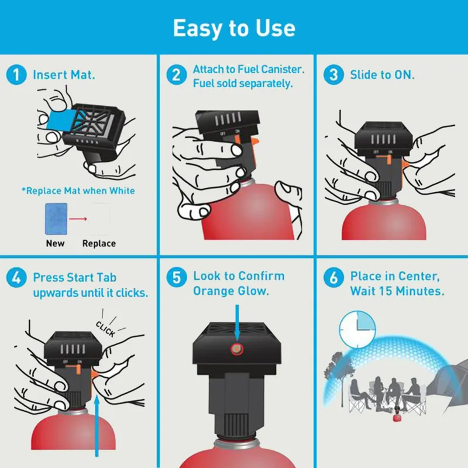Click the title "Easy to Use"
tap(234, 28)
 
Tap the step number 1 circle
tap(18, 75)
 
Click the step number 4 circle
tap(18, 277)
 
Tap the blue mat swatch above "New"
tap(56, 218)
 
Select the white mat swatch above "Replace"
tap(98, 218)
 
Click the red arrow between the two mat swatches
tap(77, 219)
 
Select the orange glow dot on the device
tap(236, 350)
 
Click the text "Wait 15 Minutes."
tap(397, 291)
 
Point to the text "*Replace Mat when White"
tap(78, 191)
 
